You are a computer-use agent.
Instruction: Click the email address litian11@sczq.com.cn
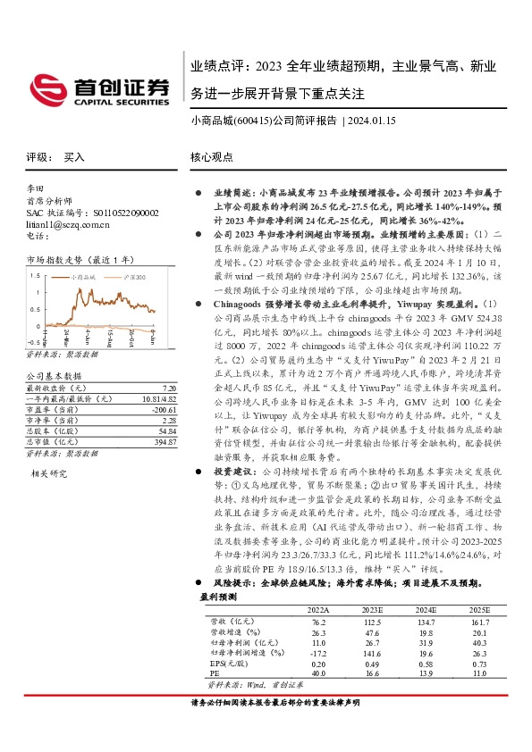coord(62,224)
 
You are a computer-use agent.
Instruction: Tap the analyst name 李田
coord(37,190)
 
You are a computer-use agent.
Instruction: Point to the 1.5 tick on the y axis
coord(34,277)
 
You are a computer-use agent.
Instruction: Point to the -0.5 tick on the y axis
coord(32,341)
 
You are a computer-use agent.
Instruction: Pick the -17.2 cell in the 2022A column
coord(318,653)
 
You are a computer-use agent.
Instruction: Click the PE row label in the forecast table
coord(214,674)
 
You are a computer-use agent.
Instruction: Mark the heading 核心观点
coord(212,156)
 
